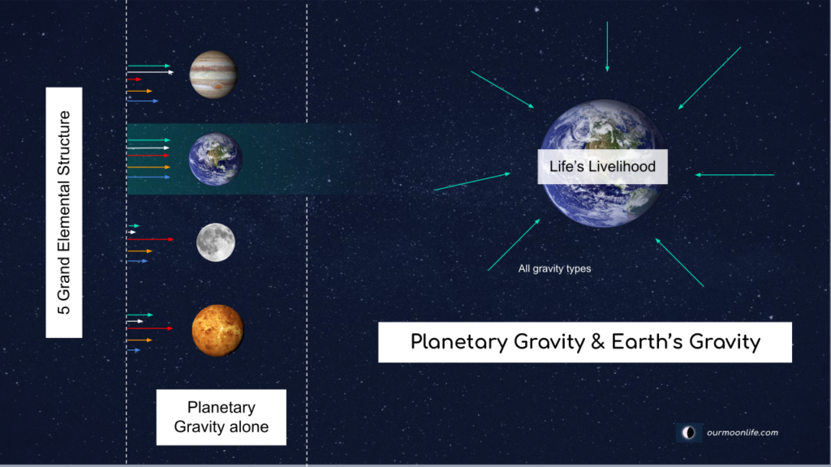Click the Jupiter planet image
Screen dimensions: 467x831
tap(213, 75)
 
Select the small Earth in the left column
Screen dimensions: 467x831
tap(215, 160)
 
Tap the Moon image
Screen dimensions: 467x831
tap(216, 242)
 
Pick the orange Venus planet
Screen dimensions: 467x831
tap(217, 330)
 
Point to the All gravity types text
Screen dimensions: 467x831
tap(554, 268)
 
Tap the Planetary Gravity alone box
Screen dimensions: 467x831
tap(222, 418)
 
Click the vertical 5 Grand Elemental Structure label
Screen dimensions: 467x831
tap(64, 212)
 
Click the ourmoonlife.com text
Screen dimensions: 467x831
tap(742, 432)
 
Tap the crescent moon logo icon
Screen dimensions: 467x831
tap(689, 433)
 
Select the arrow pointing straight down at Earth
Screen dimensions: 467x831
tap(606, 47)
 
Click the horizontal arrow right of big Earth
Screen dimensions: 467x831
tap(735, 174)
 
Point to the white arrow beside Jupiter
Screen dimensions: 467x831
tap(150, 73)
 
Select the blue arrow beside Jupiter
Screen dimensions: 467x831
tap(143, 101)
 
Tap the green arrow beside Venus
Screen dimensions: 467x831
tap(140, 315)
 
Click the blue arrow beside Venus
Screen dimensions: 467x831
tap(134, 350)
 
